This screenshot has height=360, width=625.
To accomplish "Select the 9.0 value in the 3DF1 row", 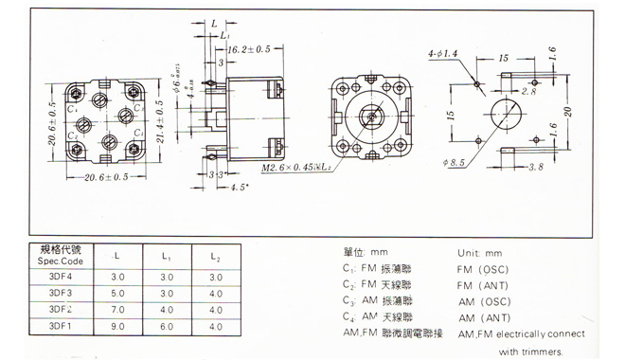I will (118, 327).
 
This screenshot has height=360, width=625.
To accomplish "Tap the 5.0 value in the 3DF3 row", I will (118, 293).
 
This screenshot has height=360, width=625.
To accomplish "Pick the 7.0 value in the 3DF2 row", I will (118, 310).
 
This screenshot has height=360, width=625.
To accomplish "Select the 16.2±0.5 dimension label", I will (249, 48).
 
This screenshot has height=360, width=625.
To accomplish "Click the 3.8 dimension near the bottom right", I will (534, 168).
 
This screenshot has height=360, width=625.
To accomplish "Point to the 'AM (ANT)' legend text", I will (484, 317).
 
